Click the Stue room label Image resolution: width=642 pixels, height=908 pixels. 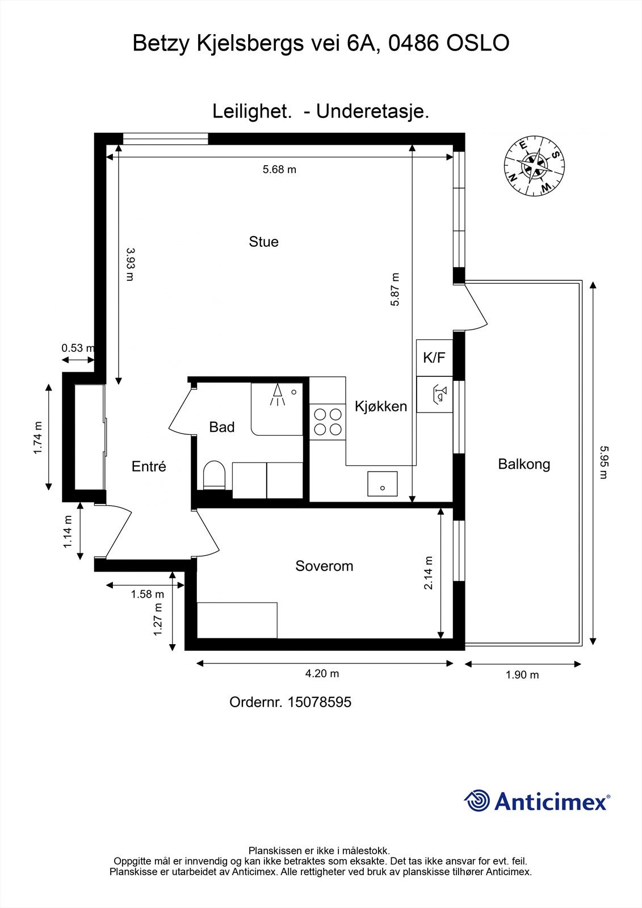click(x=263, y=242)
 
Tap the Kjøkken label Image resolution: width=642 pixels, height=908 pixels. click(x=381, y=406)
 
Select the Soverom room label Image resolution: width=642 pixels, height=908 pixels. click(x=324, y=566)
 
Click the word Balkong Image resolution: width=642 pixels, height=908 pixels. click(x=524, y=464)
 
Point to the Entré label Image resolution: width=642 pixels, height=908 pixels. click(x=149, y=466)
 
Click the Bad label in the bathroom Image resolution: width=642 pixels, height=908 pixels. click(x=221, y=427)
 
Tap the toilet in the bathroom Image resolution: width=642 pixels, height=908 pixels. click(x=215, y=476)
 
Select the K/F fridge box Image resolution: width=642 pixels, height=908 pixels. click(x=434, y=358)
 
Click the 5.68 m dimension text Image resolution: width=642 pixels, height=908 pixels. click(x=279, y=169)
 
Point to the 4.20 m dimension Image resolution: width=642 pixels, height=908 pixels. click(x=322, y=674)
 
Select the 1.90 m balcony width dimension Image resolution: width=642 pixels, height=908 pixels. click(x=522, y=675)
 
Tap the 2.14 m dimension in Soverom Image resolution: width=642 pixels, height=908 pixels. click(x=429, y=573)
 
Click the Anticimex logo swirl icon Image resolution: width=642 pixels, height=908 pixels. click(x=477, y=801)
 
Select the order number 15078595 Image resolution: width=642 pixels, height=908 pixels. click(x=319, y=702)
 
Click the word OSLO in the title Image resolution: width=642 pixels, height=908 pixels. click(x=478, y=43)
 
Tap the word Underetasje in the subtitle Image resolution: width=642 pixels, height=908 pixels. click(x=372, y=111)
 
